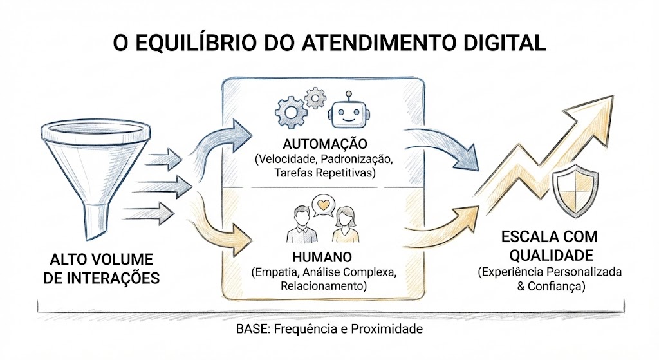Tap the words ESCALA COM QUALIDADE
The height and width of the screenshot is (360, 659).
pyautogui.click(x=548, y=245)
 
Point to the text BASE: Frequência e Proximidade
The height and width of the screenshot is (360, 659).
pyautogui.click(x=329, y=329)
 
